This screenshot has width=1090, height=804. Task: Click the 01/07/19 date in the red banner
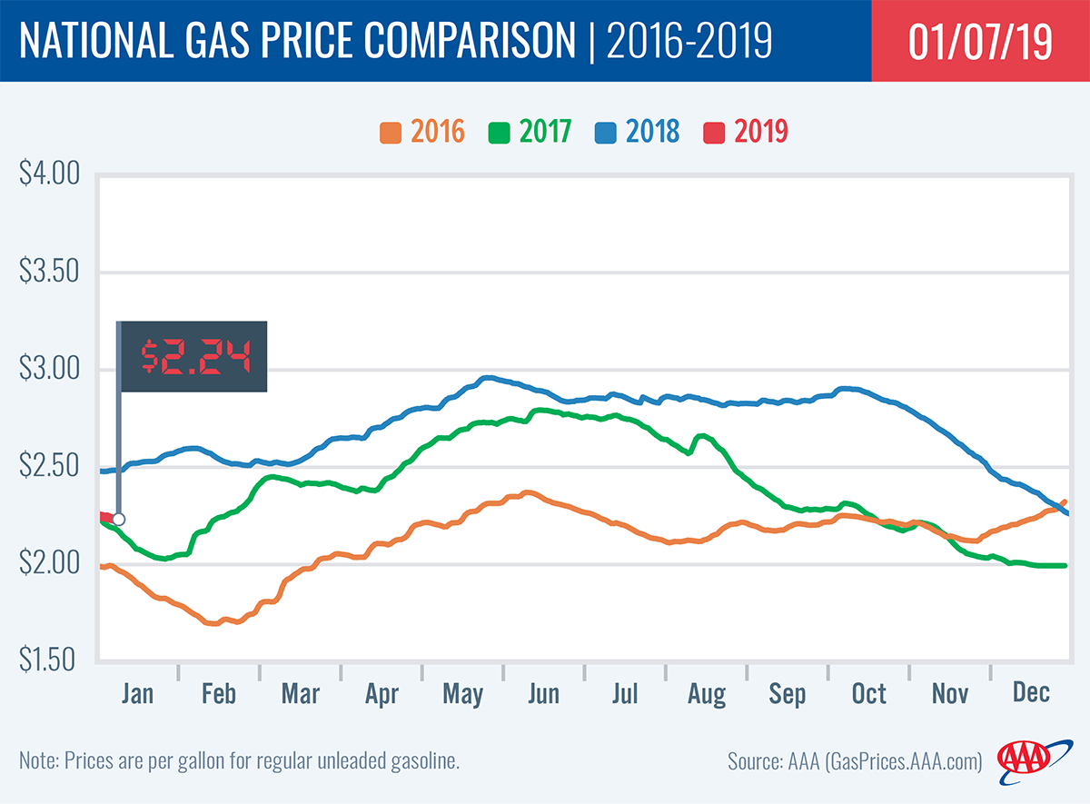(x=980, y=43)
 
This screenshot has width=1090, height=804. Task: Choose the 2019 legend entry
(x=745, y=132)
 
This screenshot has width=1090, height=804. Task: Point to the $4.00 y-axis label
(x=50, y=174)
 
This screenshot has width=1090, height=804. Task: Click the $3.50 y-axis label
(x=50, y=272)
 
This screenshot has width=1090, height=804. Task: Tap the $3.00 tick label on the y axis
(x=50, y=370)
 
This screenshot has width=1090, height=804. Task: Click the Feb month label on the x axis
(x=218, y=695)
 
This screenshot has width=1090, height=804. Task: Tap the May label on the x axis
(x=462, y=695)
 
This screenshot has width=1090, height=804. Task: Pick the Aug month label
(x=707, y=695)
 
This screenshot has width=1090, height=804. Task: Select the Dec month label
(x=1031, y=693)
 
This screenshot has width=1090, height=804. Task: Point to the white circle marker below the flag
(x=118, y=520)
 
